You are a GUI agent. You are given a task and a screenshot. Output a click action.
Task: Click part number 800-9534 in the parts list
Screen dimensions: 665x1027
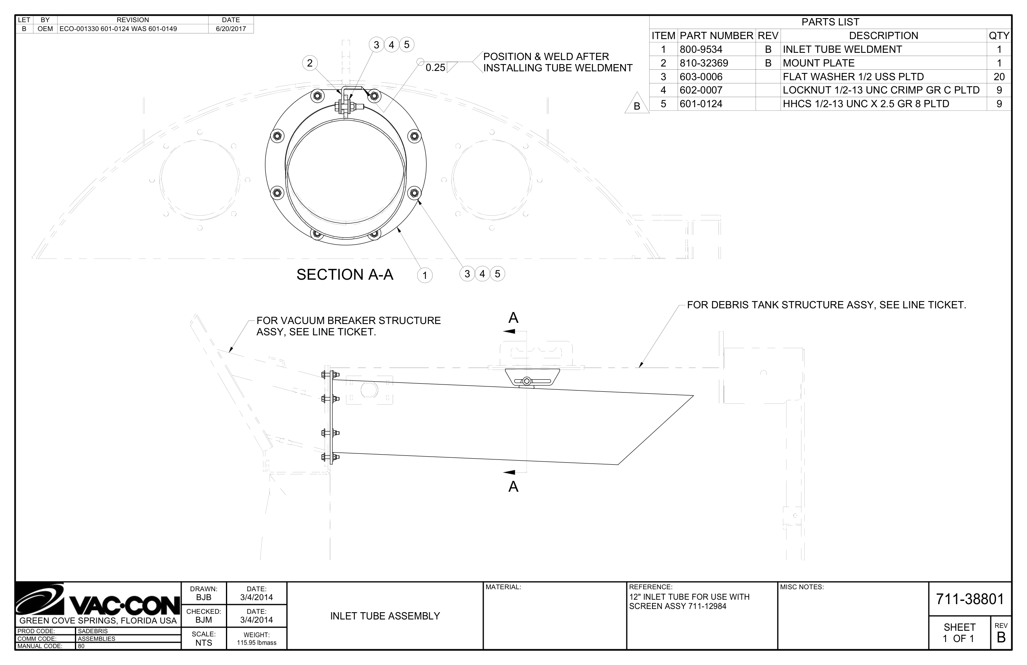[701, 49]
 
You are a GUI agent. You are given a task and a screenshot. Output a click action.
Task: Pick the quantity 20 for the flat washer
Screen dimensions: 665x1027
[998, 77]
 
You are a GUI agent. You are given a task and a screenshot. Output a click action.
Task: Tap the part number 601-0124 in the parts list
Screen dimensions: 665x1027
[701, 104]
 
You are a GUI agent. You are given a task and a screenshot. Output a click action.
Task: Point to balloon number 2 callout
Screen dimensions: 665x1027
[309, 63]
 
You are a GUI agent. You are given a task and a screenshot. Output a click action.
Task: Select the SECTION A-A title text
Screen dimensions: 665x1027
[345, 274]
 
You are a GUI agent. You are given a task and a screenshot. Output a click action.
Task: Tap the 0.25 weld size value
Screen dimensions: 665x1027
[435, 68]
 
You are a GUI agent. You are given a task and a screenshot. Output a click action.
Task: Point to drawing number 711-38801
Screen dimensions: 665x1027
[970, 599]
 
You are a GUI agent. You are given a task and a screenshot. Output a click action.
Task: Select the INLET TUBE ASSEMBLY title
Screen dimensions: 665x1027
[385, 616]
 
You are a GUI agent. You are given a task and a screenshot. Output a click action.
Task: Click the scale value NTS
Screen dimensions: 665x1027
[204, 642]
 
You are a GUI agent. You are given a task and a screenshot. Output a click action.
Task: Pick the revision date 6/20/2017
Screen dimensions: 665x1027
[231, 29]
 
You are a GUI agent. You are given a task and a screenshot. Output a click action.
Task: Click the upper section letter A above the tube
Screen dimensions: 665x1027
[513, 318]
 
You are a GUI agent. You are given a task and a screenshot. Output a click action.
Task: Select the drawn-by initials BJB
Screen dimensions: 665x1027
[204, 598]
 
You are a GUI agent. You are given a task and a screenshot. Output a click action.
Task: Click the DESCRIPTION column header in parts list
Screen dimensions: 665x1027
[883, 36]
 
